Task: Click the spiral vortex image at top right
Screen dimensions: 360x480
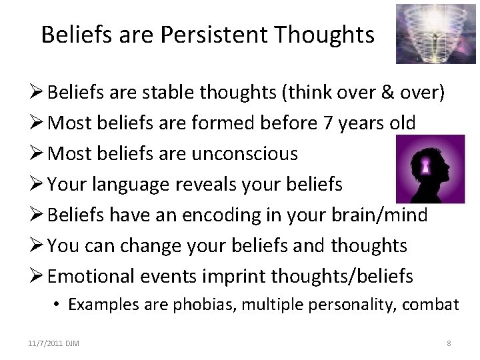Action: [x=427, y=34]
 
